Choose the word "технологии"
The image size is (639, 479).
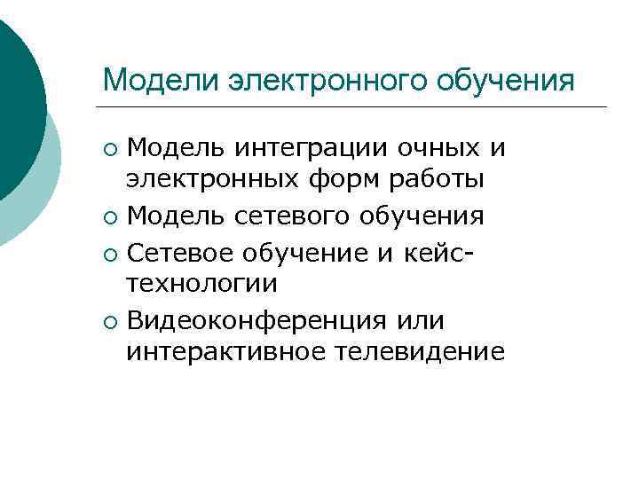coord(202,283)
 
